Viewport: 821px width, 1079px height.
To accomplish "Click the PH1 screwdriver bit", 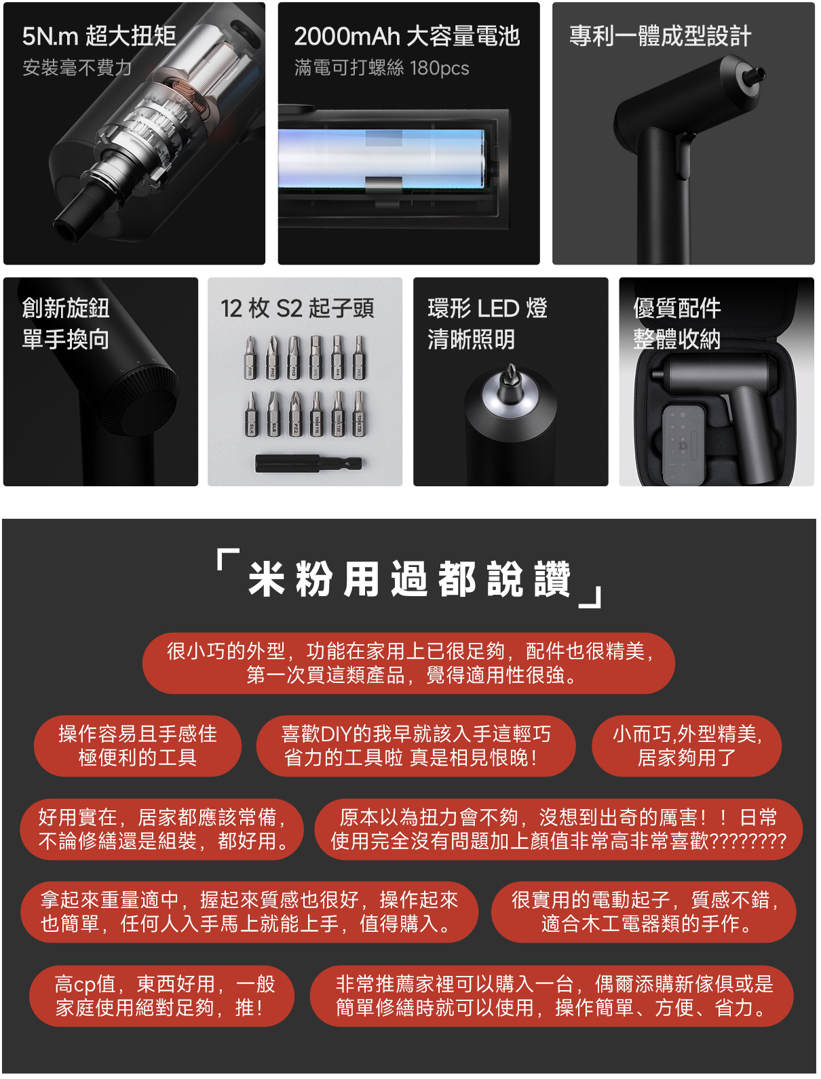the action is (251, 357).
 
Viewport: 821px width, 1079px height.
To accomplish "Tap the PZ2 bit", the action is (294, 414).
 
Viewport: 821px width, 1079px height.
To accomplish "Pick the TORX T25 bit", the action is (360, 414).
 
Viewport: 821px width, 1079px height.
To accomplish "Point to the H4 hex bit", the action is (337, 357).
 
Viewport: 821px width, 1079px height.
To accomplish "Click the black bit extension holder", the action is (309, 464).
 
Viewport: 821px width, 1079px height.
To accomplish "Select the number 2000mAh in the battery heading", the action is (347, 37).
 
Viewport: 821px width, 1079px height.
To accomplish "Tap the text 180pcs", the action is (440, 68).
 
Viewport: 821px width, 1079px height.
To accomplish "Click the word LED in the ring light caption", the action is (498, 309).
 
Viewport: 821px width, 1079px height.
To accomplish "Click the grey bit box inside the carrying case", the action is (684, 446).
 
